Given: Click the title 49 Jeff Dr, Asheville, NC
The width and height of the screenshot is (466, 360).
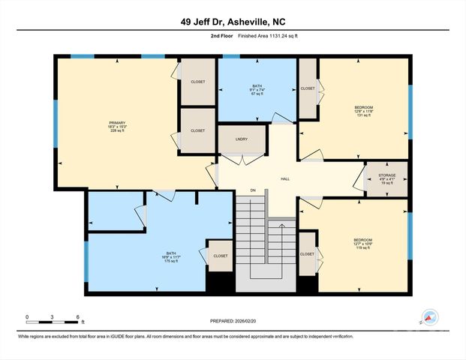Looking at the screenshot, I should pyautogui.click(x=233, y=22).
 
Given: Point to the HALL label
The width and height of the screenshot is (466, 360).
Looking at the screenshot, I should pyautogui.click(x=285, y=178).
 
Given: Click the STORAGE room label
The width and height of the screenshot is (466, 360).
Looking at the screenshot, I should pyautogui.click(x=386, y=175).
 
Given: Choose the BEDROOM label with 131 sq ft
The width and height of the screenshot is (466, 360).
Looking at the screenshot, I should pyautogui.click(x=363, y=107).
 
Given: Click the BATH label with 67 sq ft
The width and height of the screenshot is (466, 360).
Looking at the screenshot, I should pyautogui.click(x=257, y=85).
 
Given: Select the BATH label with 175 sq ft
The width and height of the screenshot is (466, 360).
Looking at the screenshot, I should pyautogui.click(x=172, y=253).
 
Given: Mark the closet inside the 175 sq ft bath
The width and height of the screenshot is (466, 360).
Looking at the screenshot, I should pyautogui.click(x=220, y=256).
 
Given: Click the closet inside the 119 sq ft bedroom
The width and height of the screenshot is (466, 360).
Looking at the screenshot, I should pyautogui.click(x=307, y=254).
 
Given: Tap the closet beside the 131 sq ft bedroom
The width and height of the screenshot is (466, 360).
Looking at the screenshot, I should pyautogui.click(x=308, y=88).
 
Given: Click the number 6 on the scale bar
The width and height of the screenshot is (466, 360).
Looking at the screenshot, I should pyautogui.click(x=77, y=317).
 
